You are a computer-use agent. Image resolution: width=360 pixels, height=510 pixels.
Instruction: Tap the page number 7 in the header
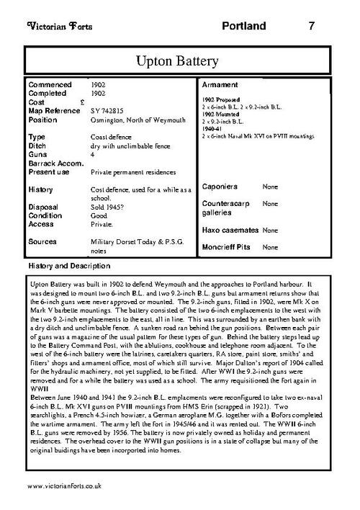click(311, 27)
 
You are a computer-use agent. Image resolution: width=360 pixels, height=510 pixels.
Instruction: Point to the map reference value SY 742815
click(107, 111)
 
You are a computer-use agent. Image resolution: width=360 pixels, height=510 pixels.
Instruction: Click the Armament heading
click(222, 84)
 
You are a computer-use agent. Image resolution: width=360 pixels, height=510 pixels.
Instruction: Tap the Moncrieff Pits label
click(228, 248)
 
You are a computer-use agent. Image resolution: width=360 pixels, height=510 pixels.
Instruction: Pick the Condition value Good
click(99, 214)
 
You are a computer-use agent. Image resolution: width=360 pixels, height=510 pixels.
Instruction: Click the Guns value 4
click(93, 154)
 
